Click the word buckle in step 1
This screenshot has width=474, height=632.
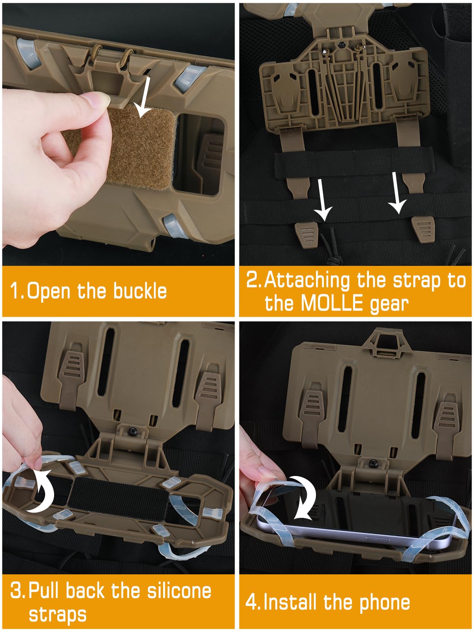pos(140,291)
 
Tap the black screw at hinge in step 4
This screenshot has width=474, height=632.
pos(372,463)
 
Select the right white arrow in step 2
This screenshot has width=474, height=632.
pos(397,194)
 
